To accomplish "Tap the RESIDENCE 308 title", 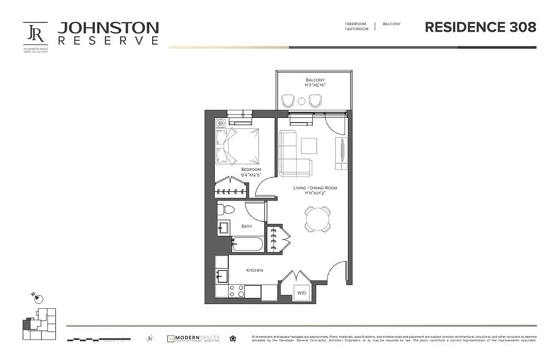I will tap(480, 27).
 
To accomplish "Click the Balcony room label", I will tap(315, 80).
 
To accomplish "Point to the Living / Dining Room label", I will tap(315, 188).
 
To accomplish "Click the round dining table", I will tap(317, 219).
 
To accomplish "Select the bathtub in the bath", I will tap(247, 244).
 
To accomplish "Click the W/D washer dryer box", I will tap(301, 293).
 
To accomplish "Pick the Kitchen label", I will tap(254, 270).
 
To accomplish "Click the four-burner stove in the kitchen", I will tap(236, 291).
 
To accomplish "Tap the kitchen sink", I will tap(221, 274).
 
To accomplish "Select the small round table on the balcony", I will tap(302, 101).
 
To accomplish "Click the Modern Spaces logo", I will tap(193, 338).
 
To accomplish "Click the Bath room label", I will tap(247, 226).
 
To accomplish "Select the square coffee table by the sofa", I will tap(309, 145).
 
